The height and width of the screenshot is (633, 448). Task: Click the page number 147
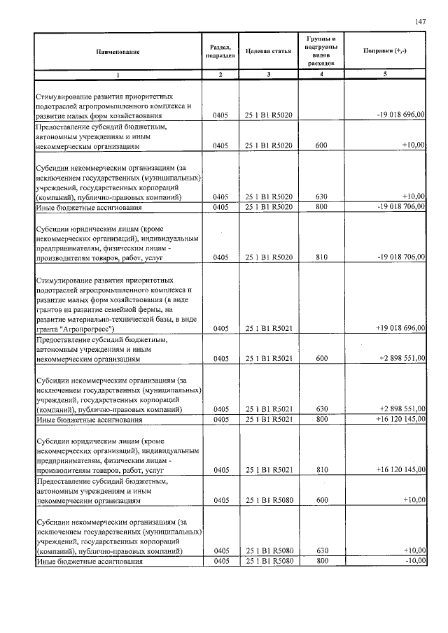point(420,22)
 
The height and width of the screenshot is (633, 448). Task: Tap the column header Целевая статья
point(269,52)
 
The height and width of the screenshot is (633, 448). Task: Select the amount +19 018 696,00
point(400,327)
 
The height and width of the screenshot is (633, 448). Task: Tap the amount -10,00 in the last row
point(413,562)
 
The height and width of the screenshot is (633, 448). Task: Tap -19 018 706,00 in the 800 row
point(400,207)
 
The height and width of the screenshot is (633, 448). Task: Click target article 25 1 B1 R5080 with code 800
point(269,562)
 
